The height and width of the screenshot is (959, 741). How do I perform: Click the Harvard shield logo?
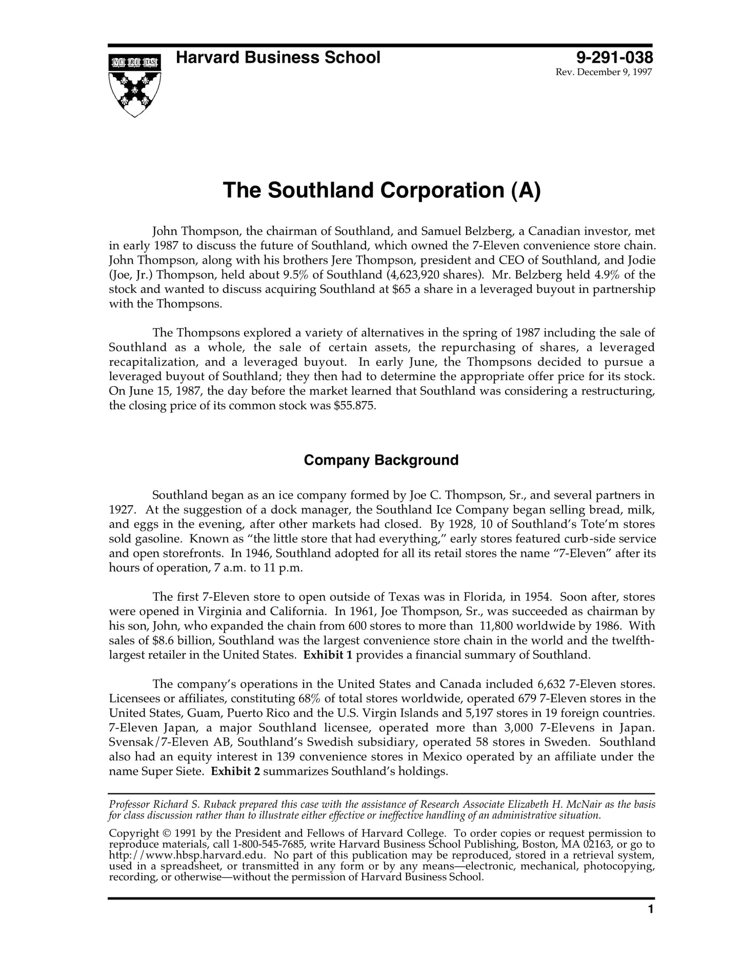[x=135, y=85]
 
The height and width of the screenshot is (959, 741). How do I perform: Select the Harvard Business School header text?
[x=278, y=57]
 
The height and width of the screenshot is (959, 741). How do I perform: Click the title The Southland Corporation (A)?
[x=382, y=190]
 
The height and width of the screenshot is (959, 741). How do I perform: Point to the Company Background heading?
[x=381, y=460]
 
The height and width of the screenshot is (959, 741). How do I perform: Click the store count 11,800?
[x=496, y=626]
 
